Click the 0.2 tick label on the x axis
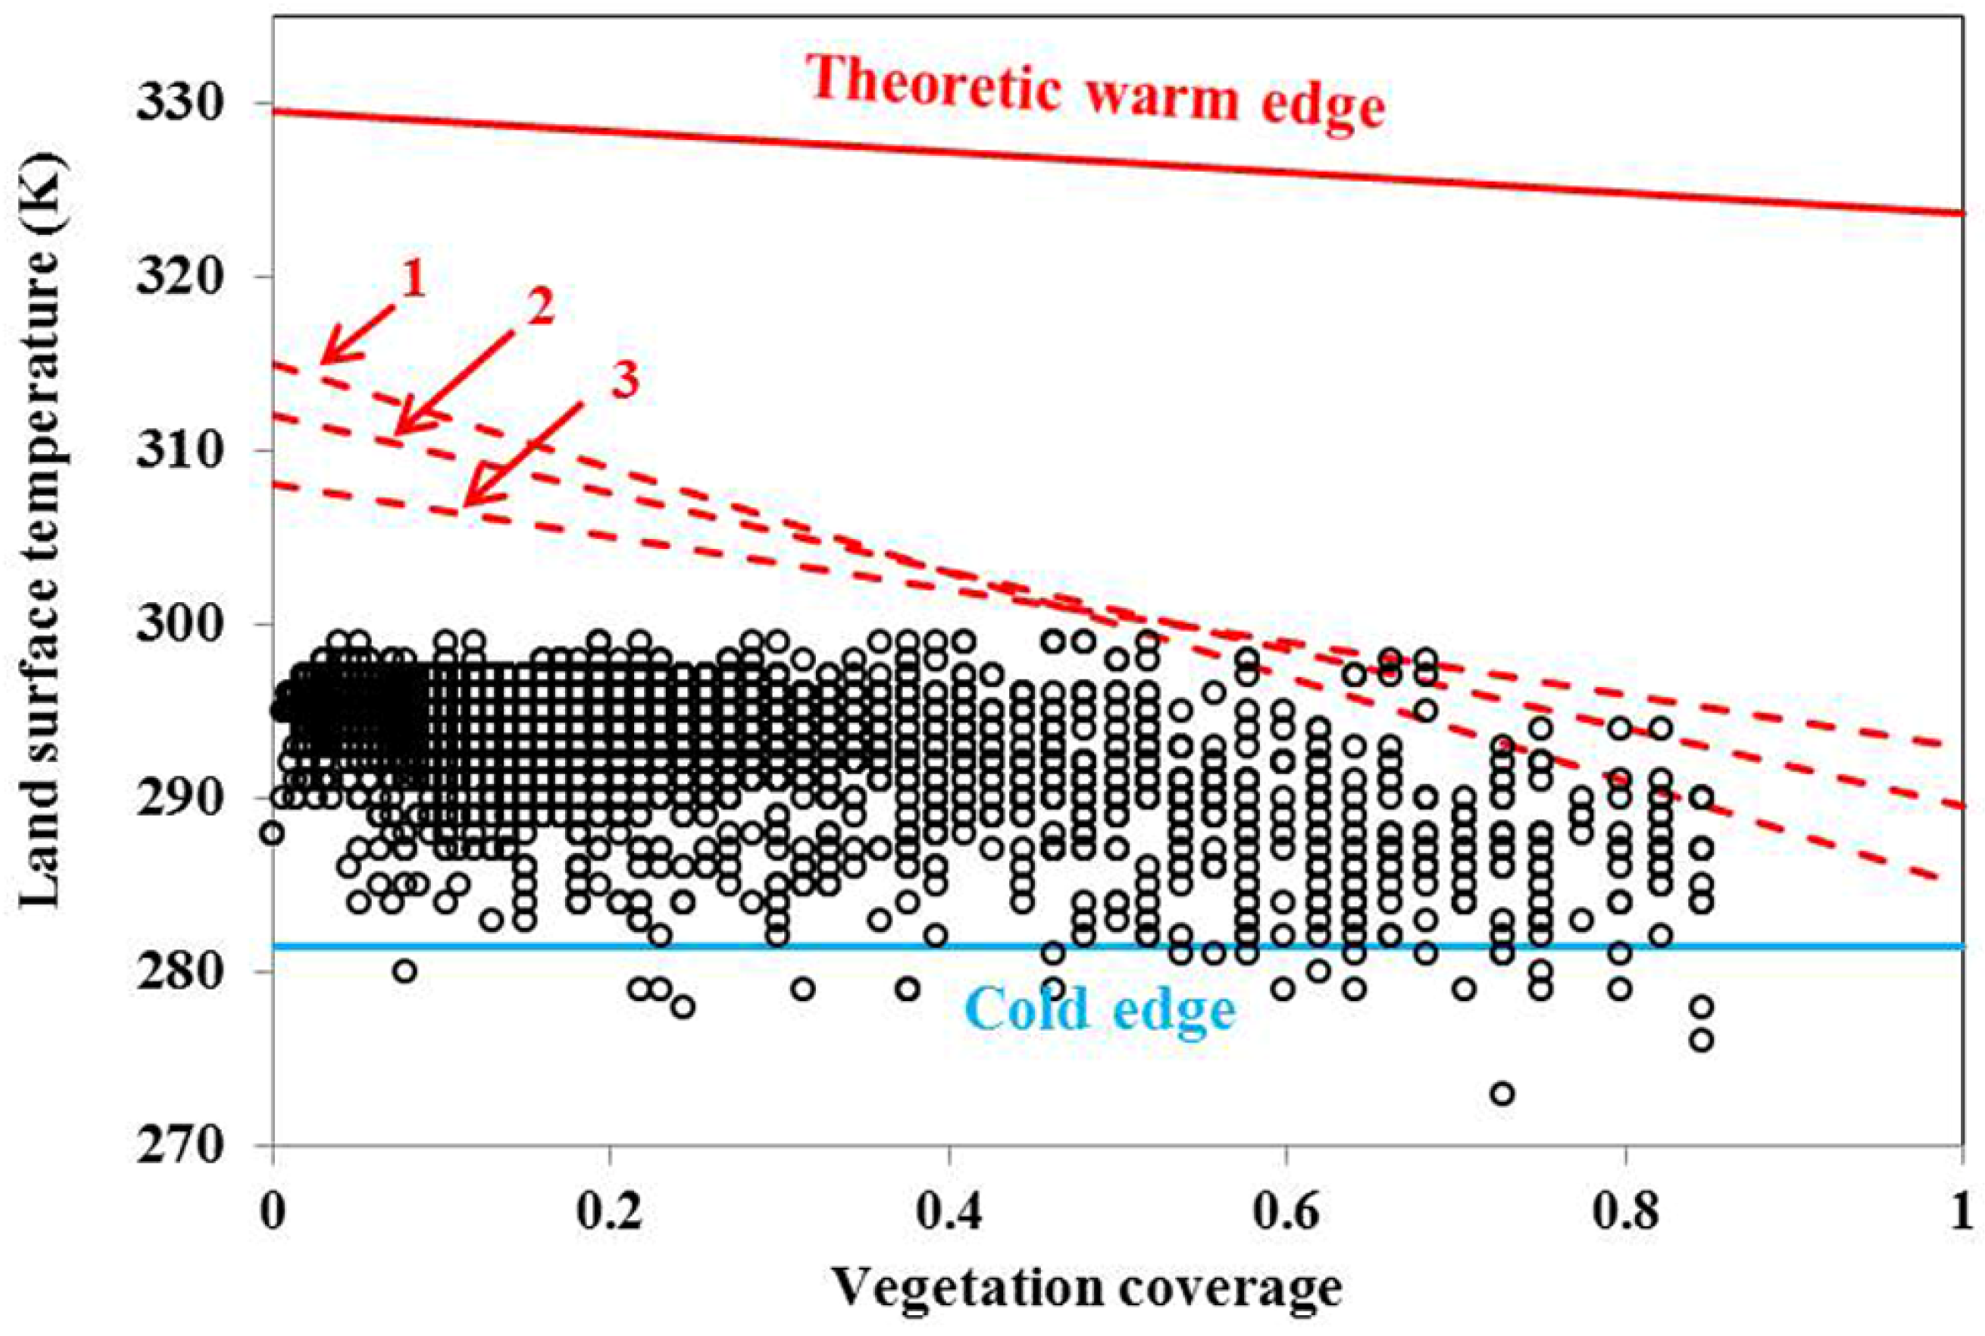tap(610, 1214)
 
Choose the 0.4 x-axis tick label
tap(948, 1214)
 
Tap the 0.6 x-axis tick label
tap(1286, 1214)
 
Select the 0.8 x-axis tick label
tap(1624, 1214)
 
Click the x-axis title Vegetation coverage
tap(1087, 1290)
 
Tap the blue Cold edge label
tap(1100, 1011)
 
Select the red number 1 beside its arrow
tap(413, 280)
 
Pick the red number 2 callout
tap(538, 308)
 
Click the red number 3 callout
tap(625, 381)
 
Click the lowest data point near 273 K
tap(1502, 1093)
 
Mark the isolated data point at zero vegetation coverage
tap(272, 832)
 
